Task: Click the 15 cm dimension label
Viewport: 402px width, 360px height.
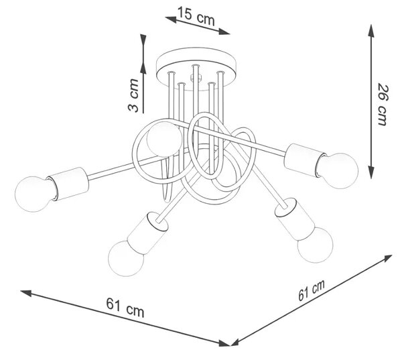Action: point(196,16)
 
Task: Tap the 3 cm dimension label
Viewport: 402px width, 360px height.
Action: point(133,95)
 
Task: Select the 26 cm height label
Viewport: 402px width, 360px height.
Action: point(383,104)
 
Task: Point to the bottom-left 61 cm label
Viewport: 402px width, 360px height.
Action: point(125,308)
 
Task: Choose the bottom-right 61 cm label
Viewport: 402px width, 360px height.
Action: point(312,290)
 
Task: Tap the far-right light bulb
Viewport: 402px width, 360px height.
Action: point(338,171)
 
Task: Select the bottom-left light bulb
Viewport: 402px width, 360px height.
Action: point(126,258)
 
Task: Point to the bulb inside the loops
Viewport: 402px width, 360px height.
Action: point(164,139)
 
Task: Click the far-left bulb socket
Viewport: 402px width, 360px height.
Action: point(68,184)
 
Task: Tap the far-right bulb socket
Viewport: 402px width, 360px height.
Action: point(305,160)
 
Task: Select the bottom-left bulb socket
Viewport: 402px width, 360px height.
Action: point(147,233)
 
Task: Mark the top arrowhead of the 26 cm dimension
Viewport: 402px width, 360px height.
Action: point(371,30)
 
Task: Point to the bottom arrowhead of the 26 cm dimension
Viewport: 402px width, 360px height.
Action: point(371,172)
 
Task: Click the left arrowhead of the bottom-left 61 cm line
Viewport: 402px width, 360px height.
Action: point(26,293)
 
